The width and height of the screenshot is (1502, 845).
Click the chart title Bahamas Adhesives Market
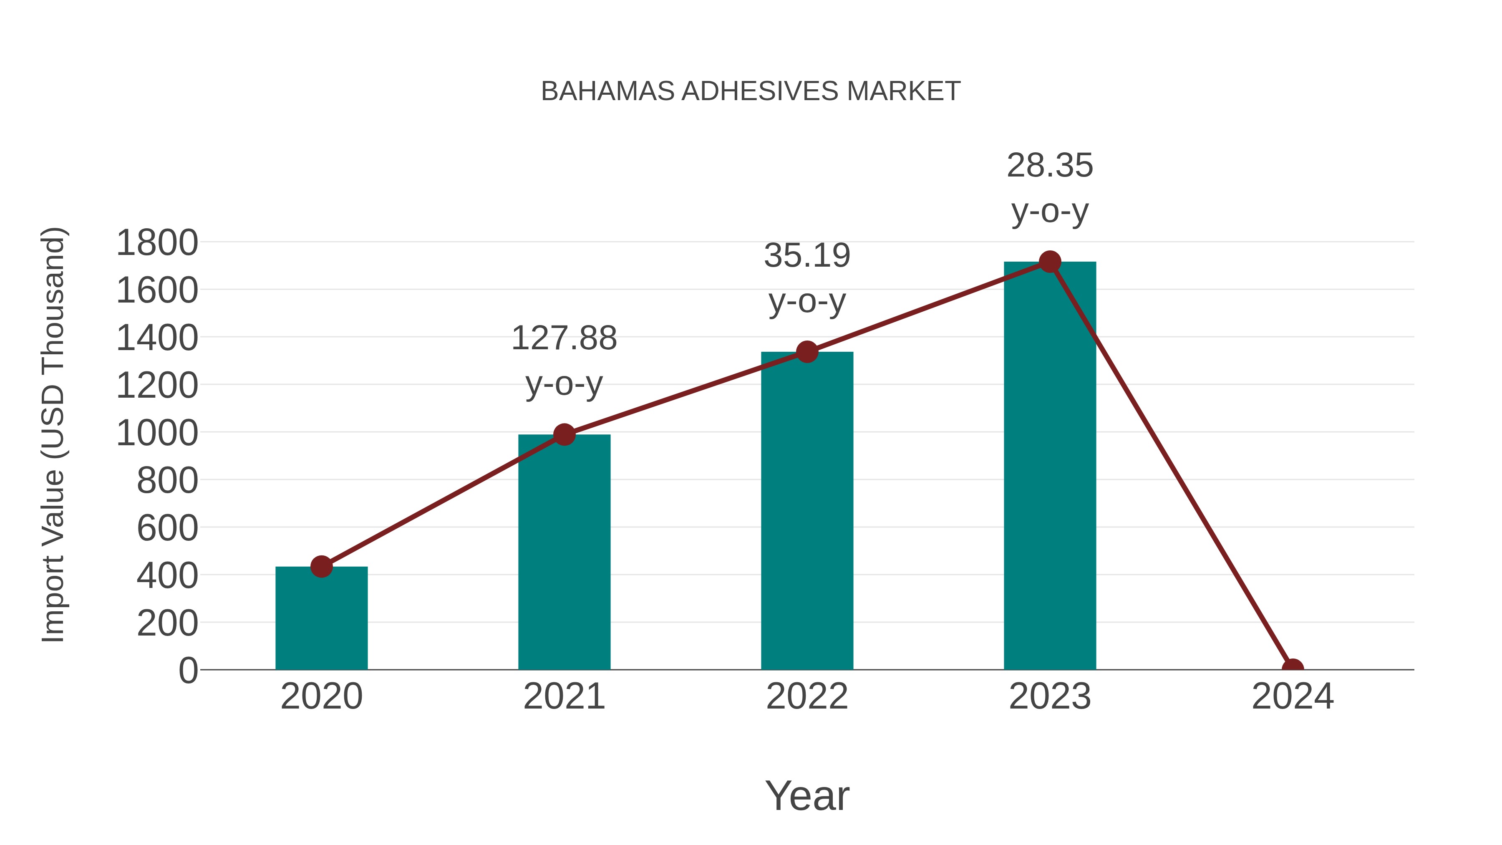point(751,91)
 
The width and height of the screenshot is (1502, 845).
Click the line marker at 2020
point(321,566)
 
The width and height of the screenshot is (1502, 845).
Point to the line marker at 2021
point(564,434)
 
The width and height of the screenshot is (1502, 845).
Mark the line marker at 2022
point(807,352)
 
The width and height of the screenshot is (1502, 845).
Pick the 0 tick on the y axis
point(188,671)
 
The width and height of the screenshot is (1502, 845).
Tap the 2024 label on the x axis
point(1293,697)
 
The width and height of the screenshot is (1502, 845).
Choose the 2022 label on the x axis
point(807,697)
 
